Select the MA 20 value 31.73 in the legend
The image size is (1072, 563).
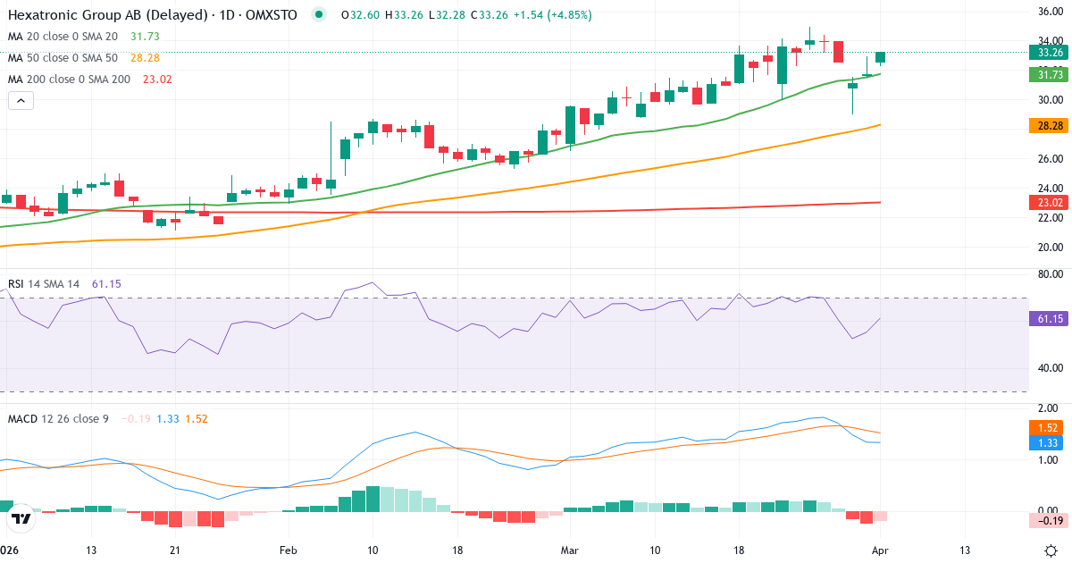point(146,37)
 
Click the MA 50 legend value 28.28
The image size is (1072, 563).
point(146,58)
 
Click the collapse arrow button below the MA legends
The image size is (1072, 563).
point(21,101)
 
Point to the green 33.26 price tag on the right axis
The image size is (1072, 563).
point(1045,53)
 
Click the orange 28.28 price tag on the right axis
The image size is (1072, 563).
point(1045,126)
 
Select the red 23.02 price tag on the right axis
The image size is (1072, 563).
point(1045,203)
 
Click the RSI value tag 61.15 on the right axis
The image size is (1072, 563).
point(1045,318)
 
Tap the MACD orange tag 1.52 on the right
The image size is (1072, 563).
point(1045,428)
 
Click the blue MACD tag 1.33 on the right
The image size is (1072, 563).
point(1045,443)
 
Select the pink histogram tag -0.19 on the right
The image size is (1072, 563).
point(1045,521)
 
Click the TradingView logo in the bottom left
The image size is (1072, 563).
point(21,518)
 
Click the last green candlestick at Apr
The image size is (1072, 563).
point(881,57)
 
